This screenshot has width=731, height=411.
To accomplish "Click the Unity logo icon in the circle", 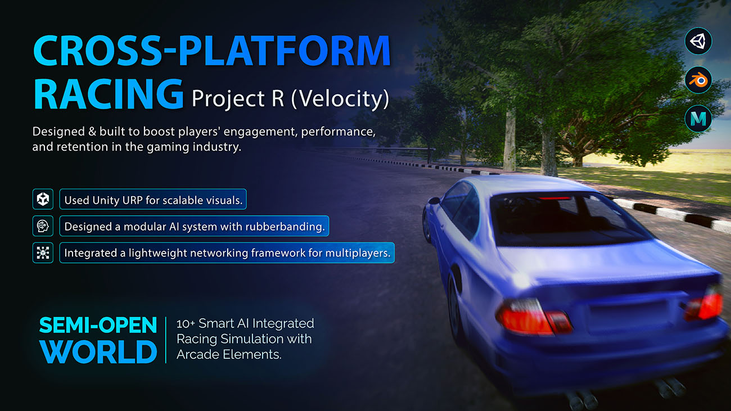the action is click(x=698, y=41).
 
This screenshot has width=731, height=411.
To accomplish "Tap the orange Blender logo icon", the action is click(x=698, y=80).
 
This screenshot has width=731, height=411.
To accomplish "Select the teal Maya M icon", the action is click(x=698, y=119).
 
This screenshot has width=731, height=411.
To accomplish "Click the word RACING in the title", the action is click(x=109, y=94).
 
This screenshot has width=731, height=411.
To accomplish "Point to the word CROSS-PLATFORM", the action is click(x=212, y=51).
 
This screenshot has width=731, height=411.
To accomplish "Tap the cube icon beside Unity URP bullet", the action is click(x=43, y=199).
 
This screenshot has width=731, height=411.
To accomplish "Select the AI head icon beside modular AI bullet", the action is click(x=43, y=225).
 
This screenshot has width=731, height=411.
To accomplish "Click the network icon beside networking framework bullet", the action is click(x=43, y=252).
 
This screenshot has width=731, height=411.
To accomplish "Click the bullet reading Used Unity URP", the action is click(x=153, y=199).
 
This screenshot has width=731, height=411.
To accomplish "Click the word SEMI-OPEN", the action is click(x=98, y=325).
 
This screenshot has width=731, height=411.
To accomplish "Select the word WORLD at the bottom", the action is click(x=98, y=351).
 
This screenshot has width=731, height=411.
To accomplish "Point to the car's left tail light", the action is click(x=533, y=317).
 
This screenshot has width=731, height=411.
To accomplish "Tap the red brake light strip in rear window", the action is click(x=554, y=198).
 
